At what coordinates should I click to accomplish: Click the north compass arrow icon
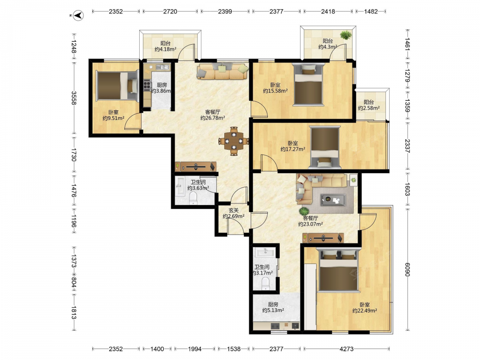click(x=79, y=15)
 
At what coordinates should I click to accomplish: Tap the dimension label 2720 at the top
click(x=170, y=12)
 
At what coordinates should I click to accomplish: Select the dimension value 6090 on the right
click(x=407, y=270)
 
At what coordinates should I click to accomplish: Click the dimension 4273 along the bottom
click(x=347, y=348)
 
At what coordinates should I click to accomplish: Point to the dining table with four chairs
click(x=234, y=141)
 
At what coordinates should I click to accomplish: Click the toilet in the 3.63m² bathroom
click(x=193, y=198)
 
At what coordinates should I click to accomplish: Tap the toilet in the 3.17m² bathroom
click(x=265, y=284)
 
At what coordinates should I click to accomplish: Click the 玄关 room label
click(x=234, y=210)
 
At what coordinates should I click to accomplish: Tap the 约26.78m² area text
click(x=213, y=118)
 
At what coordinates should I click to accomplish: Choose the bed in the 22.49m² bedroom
click(x=338, y=270)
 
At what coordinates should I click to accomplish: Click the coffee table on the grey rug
click(x=334, y=200)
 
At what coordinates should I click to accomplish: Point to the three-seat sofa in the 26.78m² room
click(x=223, y=72)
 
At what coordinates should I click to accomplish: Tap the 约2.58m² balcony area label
click(x=369, y=108)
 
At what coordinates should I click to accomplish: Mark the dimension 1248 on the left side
click(x=74, y=46)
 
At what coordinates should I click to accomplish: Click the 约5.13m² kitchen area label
click(x=273, y=310)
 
